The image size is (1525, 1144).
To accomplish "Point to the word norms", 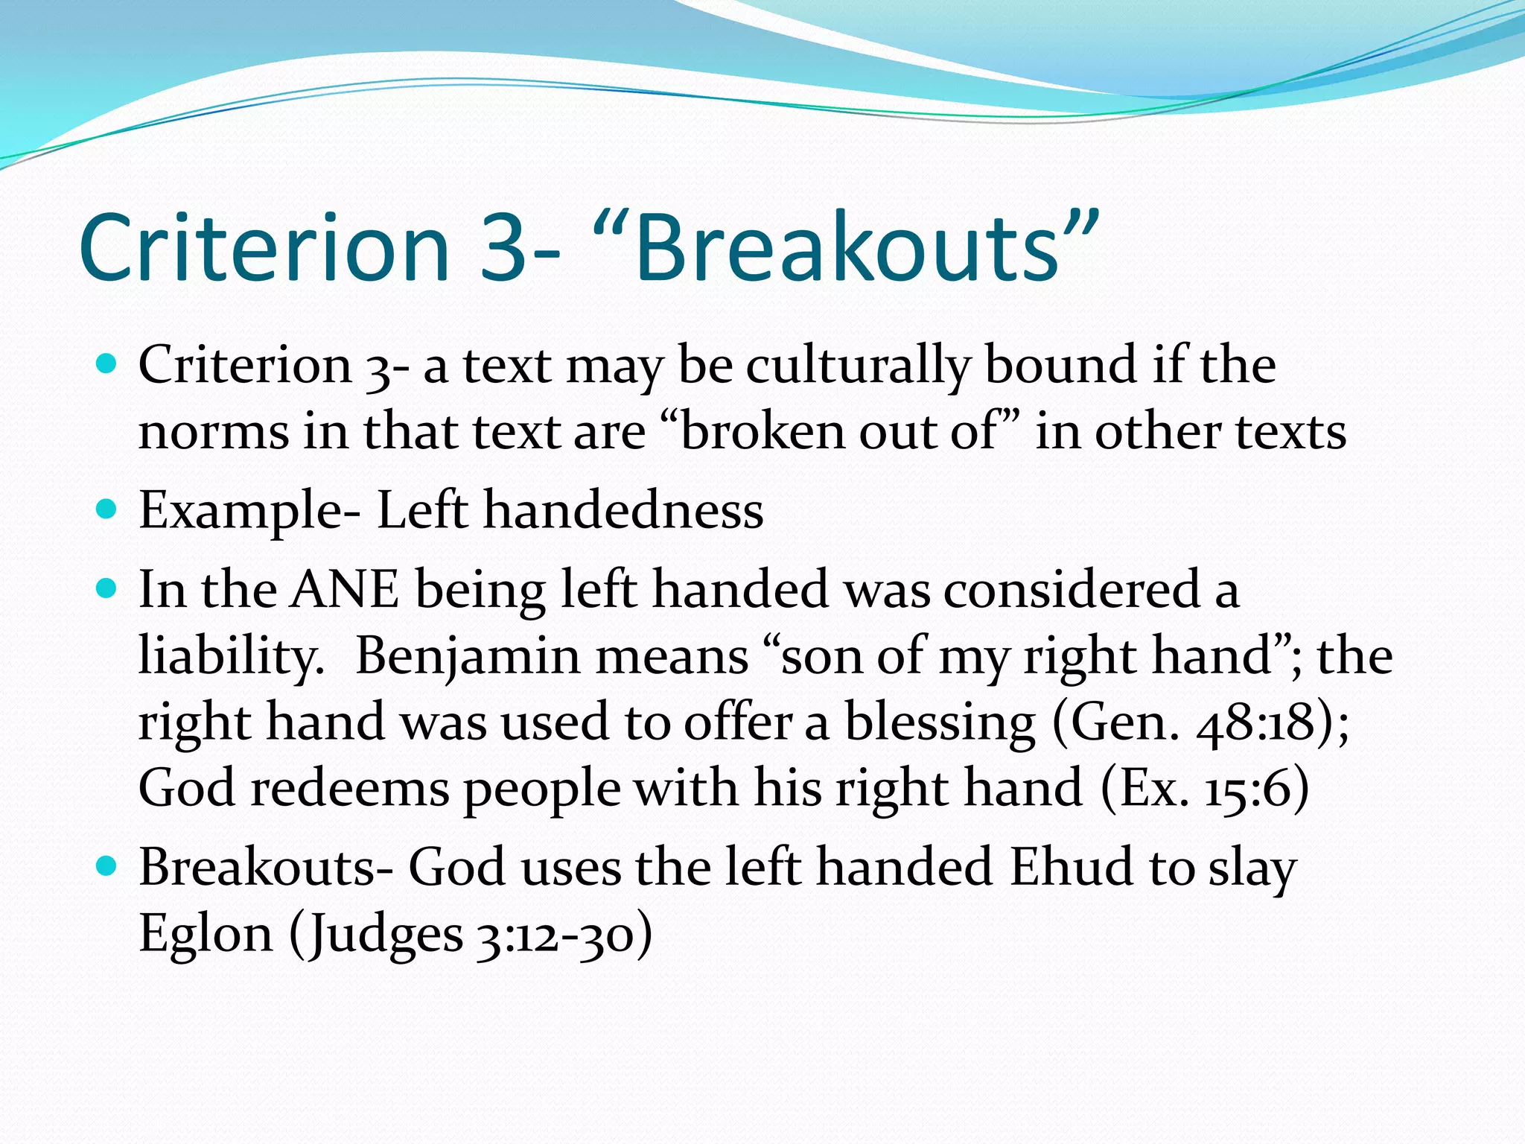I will click(213, 432).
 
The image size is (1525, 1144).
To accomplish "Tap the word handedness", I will click(624, 511).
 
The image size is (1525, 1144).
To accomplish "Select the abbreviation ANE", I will click(345, 590).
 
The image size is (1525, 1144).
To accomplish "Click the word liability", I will click(231, 657).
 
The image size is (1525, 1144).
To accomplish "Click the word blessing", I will click(940, 722).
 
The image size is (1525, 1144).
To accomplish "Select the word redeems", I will click(350, 788).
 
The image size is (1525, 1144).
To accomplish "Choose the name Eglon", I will click(206, 934).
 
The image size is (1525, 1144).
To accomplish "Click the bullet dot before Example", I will click(107, 509).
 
